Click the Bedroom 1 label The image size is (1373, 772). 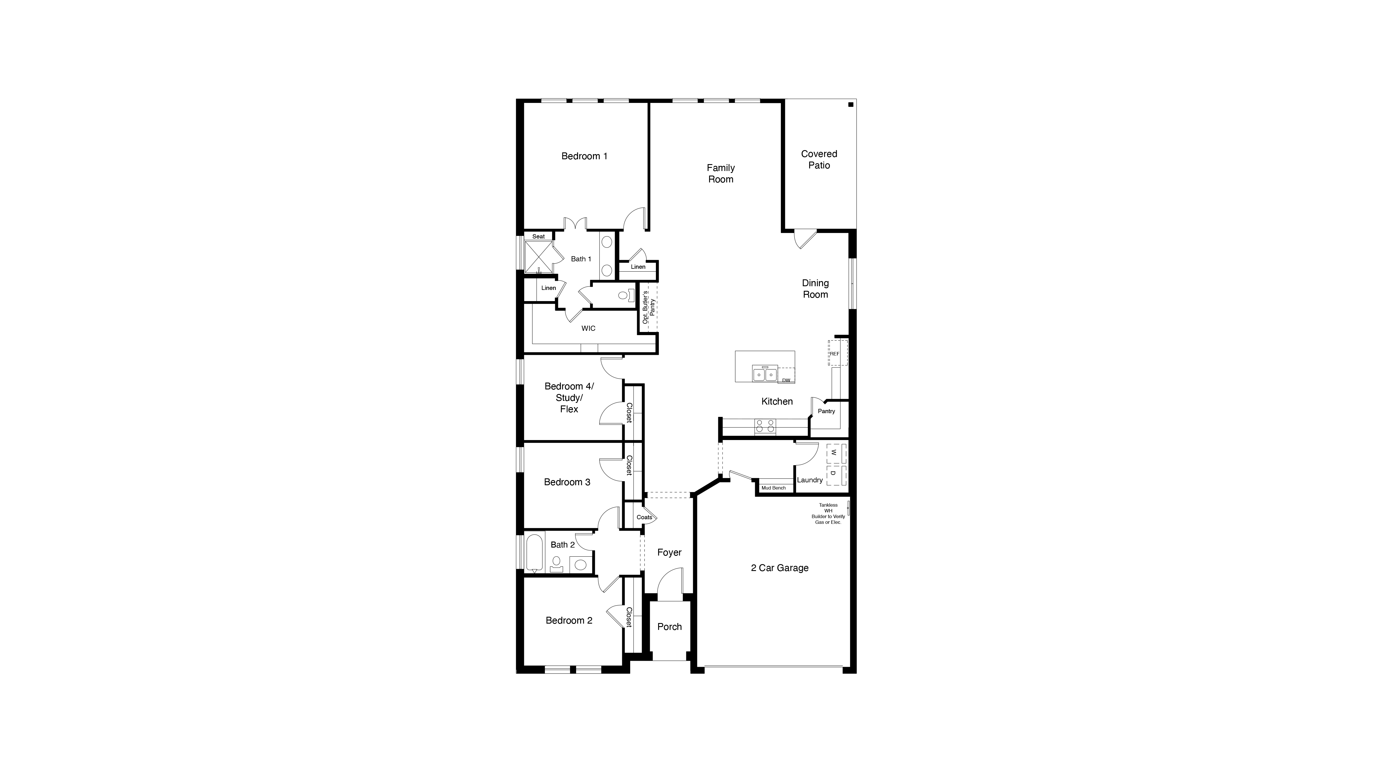[x=584, y=156]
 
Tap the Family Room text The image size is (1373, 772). [x=721, y=174]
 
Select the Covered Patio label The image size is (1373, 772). [x=819, y=159]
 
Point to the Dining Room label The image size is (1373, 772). [x=815, y=289]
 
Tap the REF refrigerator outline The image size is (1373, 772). [x=836, y=353]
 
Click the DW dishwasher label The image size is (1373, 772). [x=786, y=380]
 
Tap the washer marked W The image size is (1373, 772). [x=835, y=453]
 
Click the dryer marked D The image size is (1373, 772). [x=835, y=473]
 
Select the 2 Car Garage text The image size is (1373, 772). [x=779, y=568]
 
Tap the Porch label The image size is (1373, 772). [x=669, y=626]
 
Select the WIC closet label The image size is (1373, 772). [x=588, y=328]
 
